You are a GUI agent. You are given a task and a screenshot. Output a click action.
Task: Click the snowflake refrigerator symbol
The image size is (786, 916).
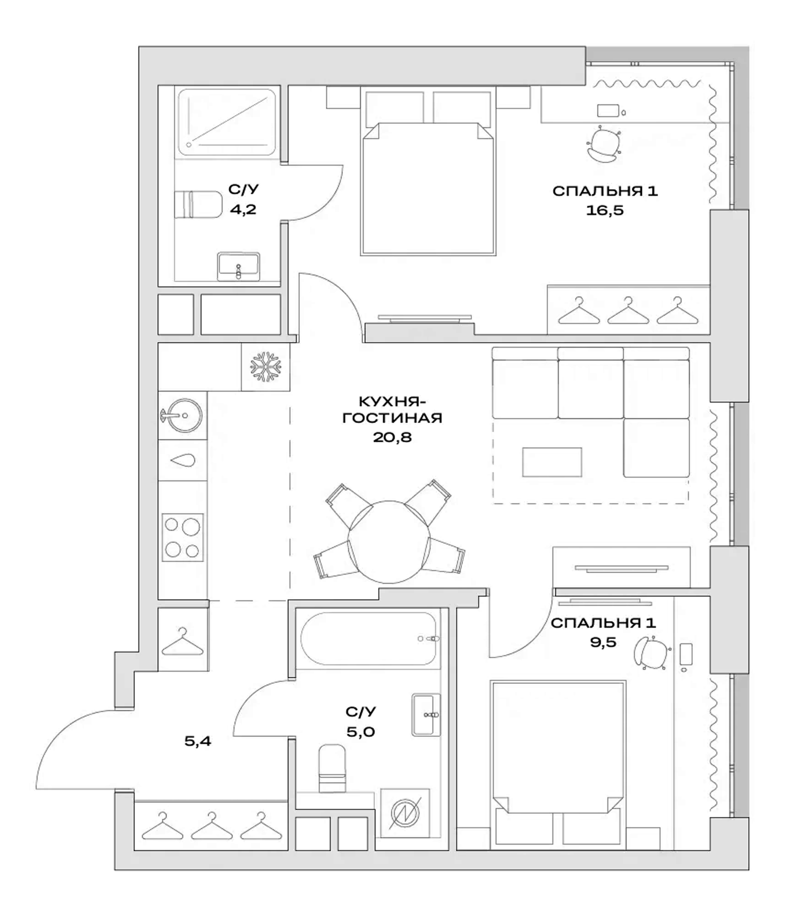(x=265, y=367)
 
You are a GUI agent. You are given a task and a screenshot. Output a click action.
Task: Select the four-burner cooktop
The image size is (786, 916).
(x=183, y=537)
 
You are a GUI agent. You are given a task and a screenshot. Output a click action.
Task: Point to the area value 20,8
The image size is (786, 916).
(x=392, y=437)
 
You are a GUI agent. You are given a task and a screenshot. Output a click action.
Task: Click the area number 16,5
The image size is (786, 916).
(x=604, y=210)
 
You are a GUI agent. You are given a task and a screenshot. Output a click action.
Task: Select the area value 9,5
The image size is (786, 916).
(x=603, y=643)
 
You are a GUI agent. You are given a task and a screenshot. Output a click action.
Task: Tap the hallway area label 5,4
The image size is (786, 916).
(x=198, y=741)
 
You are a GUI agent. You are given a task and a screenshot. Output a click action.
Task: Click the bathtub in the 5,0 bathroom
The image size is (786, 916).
(x=369, y=639)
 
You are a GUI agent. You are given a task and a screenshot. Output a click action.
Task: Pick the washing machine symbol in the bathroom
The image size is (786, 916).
(x=404, y=813)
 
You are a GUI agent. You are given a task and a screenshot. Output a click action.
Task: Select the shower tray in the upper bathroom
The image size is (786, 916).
(x=227, y=122)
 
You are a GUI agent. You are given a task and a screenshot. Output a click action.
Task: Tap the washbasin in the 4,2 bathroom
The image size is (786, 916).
(x=238, y=266)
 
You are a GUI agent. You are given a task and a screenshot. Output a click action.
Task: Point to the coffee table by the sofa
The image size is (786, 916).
(x=552, y=462)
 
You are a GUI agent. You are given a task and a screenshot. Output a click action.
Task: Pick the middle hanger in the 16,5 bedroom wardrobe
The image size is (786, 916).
(x=627, y=311)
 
